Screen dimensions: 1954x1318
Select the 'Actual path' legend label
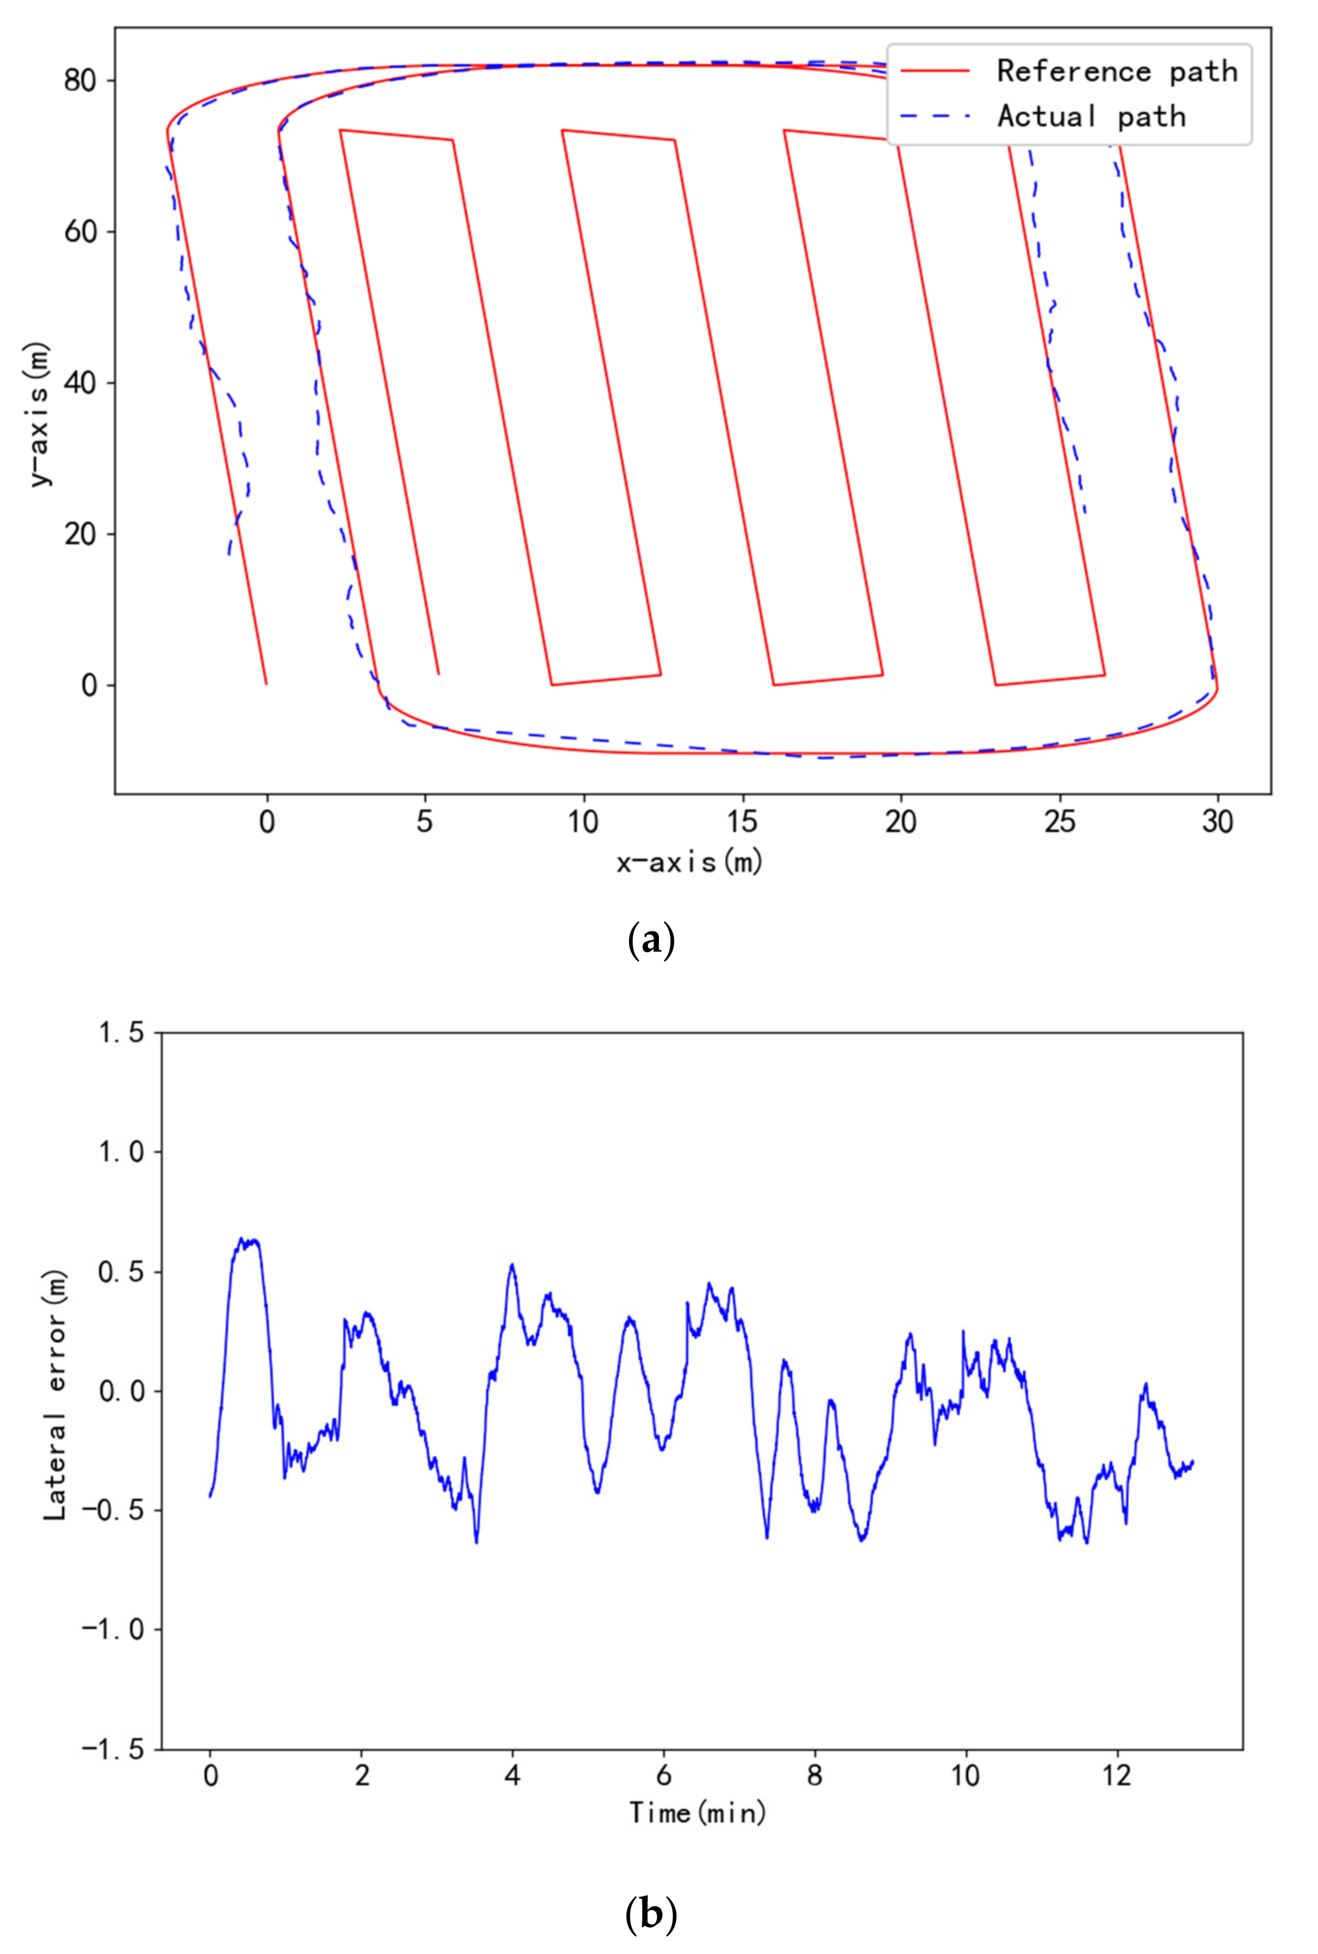tap(1091, 116)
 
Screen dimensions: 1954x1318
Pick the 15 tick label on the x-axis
tap(742, 821)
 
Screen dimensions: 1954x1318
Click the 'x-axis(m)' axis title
tap(689, 862)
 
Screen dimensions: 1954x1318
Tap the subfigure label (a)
tap(651, 941)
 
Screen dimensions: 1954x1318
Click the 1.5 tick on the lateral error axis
tap(122, 1032)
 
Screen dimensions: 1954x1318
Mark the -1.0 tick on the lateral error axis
tap(114, 1630)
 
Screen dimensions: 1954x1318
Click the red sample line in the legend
tap(935, 71)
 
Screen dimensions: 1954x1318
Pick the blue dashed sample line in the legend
tap(935, 116)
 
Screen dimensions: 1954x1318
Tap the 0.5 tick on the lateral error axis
tap(122, 1271)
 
